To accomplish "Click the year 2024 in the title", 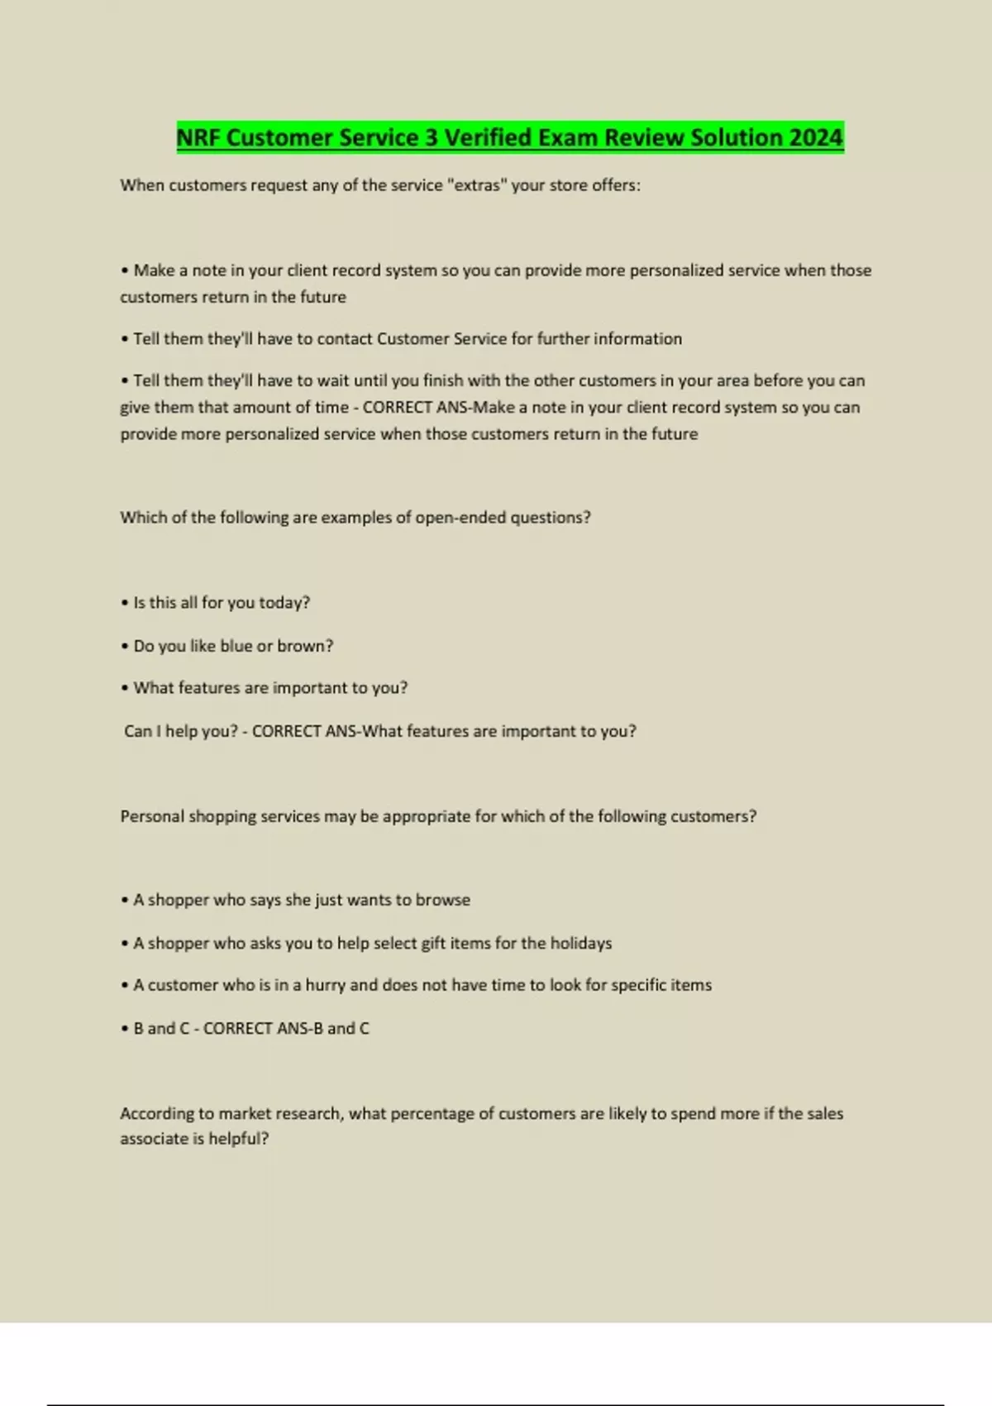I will [816, 137].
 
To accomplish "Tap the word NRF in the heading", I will [198, 137].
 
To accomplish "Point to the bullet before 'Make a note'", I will [124, 270].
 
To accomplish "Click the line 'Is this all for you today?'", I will [222, 603].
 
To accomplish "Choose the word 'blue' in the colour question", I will [236, 646].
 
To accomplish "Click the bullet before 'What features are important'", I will [124, 688].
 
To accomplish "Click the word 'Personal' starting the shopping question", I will [152, 816].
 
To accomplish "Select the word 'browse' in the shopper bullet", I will [442, 900].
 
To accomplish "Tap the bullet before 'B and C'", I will [124, 1029].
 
